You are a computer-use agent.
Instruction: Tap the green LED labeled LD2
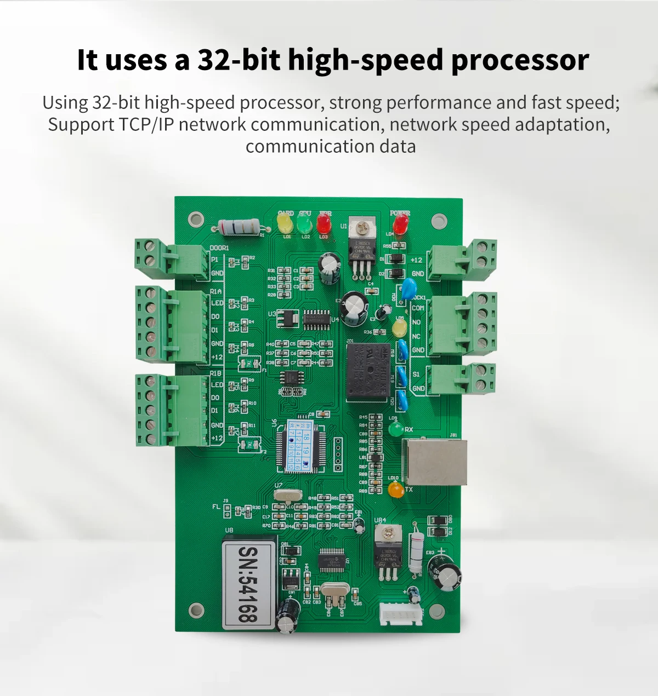coord(304,223)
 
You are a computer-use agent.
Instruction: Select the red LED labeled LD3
coord(324,223)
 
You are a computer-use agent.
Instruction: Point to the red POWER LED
coord(400,223)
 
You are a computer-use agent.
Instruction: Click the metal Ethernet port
coord(435,462)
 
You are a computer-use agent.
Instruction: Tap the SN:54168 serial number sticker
coord(248,584)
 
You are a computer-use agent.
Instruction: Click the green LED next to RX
coord(395,430)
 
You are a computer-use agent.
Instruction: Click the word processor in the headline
coord(520,60)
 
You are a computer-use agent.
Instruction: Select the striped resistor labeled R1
coord(239,226)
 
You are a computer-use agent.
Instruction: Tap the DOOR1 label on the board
coord(219,248)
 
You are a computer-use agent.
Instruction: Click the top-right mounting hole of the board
coord(437,221)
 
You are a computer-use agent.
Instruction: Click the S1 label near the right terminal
coord(416,374)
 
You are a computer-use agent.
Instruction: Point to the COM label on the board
coord(417,308)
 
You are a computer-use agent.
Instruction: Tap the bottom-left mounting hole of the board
coord(195,609)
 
